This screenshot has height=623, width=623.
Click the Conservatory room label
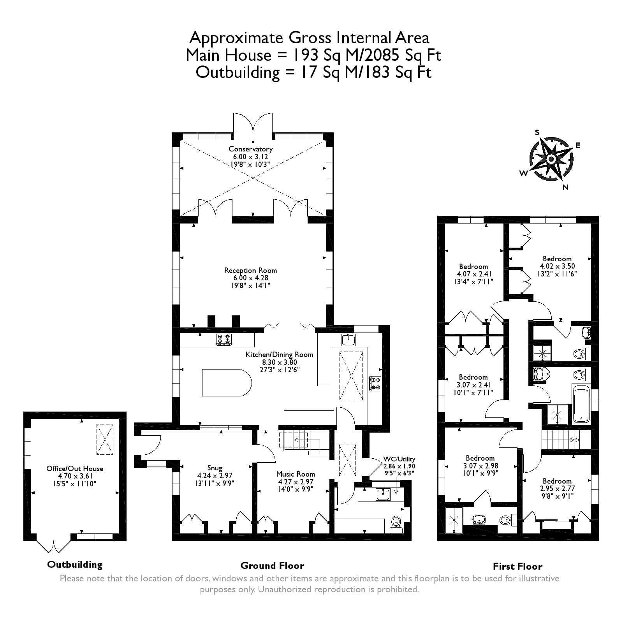click(x=250, y=149)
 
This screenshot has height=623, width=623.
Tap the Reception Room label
click(x=250, y=271)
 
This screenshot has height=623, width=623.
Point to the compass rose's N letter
click(x=566, y=187)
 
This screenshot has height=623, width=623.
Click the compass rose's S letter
click(x=537, y=132)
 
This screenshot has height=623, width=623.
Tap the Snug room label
click(x=215, y=468)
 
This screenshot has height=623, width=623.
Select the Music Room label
click(x=295, y=474)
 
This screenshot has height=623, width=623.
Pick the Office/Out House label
click(x=75, y=468)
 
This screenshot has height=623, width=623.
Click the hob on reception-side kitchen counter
click(x=224, y=340)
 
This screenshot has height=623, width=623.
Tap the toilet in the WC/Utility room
click(x=396, y=522)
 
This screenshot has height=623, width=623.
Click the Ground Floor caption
click(x=272, y=566)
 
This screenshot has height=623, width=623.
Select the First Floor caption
click(x=517, y=566)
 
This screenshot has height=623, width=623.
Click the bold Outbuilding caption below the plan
click(x=74, y=564)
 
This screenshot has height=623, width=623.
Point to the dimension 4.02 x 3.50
click(x=557, y=266)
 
